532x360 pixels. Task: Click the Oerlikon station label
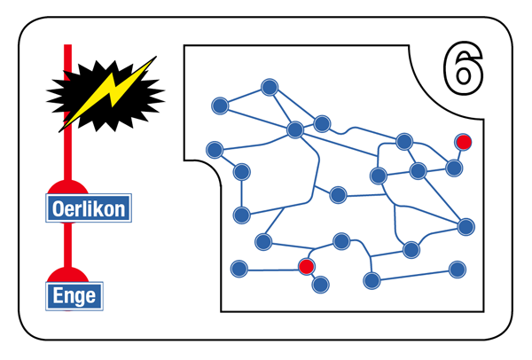point(89,208)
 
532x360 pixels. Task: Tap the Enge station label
point(74,296)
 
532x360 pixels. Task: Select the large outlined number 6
point(463,68)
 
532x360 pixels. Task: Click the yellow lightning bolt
point(108,94)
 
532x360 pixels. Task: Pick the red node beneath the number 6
point(464,142)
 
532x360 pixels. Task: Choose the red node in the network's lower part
point(307,266)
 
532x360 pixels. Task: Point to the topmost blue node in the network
point(270,87)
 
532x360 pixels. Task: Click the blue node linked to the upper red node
point(454,168)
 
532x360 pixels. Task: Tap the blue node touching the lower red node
point(320,285)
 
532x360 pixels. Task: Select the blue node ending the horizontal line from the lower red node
point(239,269)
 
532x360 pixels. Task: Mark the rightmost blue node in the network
point(465,227)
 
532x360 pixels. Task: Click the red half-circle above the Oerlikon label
point(68,187)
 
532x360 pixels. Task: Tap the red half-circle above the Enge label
point(68,275)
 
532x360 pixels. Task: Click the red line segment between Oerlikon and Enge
point(68,245)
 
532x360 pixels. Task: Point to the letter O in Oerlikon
point(59,208)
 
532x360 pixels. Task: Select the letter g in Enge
point(79,298)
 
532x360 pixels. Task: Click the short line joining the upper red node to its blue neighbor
point(458,155)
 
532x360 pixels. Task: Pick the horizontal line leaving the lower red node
point(273,270)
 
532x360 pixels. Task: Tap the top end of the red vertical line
point(68,44)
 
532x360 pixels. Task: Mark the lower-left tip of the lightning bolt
point(59,131)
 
